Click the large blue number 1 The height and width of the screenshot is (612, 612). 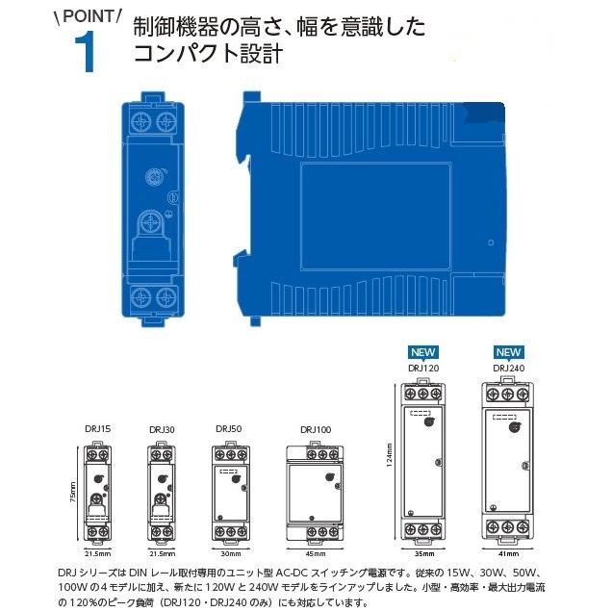pyautogui.click(x=86, y=52)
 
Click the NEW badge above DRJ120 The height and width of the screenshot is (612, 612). pyautogui.click(x=424, y=352)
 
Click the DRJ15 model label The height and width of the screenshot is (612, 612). pyautogui.click(x=97, y=429)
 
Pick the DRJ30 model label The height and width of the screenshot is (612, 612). pyautogui.click(x=161, y=429)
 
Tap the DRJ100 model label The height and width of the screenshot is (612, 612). pyautogui.click(x=315, y=429)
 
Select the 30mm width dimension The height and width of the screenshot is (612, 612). pyautogui.click(x=231, y=555)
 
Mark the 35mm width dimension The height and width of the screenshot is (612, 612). pyautogui.click(x=424, y=555)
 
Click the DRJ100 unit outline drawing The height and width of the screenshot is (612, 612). pyautogui.click(x=315, y=491)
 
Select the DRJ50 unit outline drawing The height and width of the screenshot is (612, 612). pyautogui.click(x=231, y=491)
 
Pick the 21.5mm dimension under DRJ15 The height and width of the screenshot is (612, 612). pyautogui.click(x=98, y=555)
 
